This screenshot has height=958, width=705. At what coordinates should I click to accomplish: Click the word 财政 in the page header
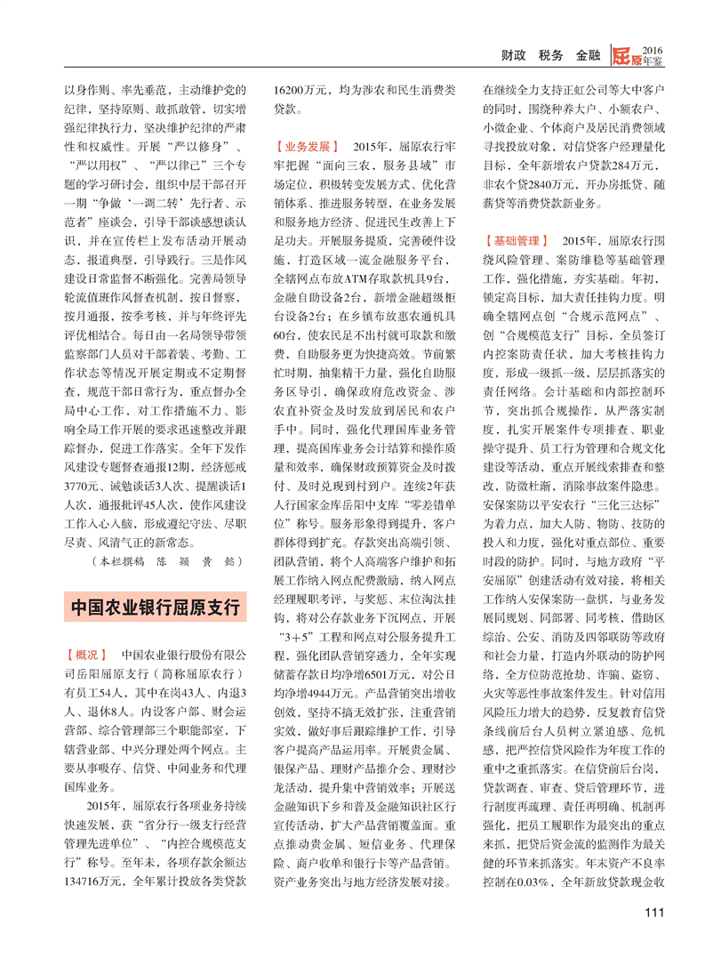point(514,55)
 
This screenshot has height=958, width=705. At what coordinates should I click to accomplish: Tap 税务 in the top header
point(551,55)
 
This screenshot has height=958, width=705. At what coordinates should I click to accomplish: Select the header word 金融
point(589,55)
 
